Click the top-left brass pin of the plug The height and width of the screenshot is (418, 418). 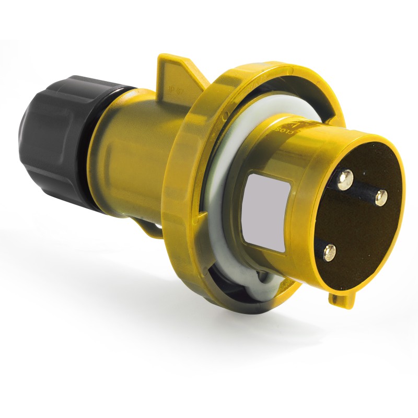(x=345, y=181)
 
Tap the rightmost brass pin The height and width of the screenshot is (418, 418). (x=381, y=198)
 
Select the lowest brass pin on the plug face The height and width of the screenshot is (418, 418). (x=330, y=253)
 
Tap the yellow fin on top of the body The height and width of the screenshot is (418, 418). (x=175, y=73)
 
